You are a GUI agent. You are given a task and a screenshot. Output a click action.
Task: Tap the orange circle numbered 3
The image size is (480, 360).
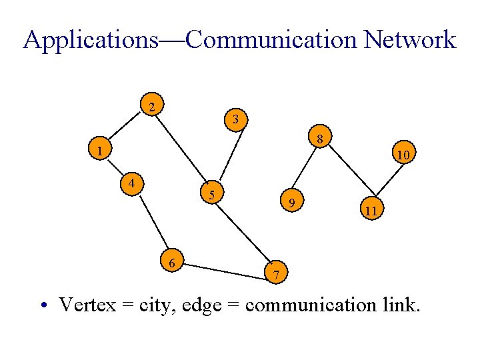[x=236, y=120]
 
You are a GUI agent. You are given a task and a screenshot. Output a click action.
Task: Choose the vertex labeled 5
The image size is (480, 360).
[x=211, y=195]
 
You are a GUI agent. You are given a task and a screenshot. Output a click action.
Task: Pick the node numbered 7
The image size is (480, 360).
[x=276, y=273]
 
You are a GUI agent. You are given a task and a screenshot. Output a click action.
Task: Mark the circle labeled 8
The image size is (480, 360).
[x=320, y=139]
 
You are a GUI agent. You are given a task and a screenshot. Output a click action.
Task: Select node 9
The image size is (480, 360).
[x=292, y=201]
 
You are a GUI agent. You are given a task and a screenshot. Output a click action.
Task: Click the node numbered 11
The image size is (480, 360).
[x=371, y=211]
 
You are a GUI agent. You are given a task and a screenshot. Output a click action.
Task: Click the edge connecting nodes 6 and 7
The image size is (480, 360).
[x=224, y=268]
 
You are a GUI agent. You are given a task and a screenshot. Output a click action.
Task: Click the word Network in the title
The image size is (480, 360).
[x=410, y=40]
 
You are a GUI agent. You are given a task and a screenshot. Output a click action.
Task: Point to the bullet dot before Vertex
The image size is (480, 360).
[x=43, y=306]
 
